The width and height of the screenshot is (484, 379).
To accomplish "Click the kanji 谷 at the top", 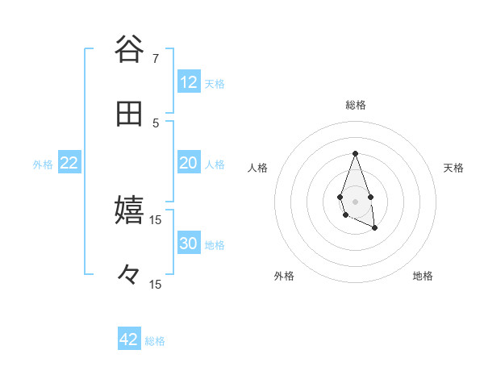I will tap(129, 49).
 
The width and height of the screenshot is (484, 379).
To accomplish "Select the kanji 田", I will tap(129, 114).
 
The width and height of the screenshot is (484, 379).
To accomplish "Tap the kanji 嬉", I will tap(129, 210).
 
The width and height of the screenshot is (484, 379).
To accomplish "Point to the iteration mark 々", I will tap(129, 275).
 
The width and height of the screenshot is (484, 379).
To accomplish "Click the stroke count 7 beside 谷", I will tap(156, 58).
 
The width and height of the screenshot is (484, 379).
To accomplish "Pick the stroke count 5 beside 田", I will tap(156, 123).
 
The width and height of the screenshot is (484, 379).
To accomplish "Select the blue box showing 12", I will tap(189, 82).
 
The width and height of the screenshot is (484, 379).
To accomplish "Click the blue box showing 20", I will tap(189, 163).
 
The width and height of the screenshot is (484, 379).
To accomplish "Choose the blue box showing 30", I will tap(189, 244).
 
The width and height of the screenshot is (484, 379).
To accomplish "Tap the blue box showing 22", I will tap(69, 163).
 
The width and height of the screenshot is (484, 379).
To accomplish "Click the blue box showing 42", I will tap(129, 339).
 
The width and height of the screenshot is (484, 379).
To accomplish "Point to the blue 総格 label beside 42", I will tap(156, 341).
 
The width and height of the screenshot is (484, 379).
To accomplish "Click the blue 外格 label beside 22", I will tap(43, 165).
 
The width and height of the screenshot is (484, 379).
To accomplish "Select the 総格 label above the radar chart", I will tap(355, 105).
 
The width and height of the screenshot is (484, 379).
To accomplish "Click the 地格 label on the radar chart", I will tap(423, 277).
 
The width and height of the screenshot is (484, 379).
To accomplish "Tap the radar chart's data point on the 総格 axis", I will tap(355, 153).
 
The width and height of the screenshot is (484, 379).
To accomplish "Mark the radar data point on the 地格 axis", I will tap(375, 229).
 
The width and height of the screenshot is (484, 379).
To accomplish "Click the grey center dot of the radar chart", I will tap(355, 201).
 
